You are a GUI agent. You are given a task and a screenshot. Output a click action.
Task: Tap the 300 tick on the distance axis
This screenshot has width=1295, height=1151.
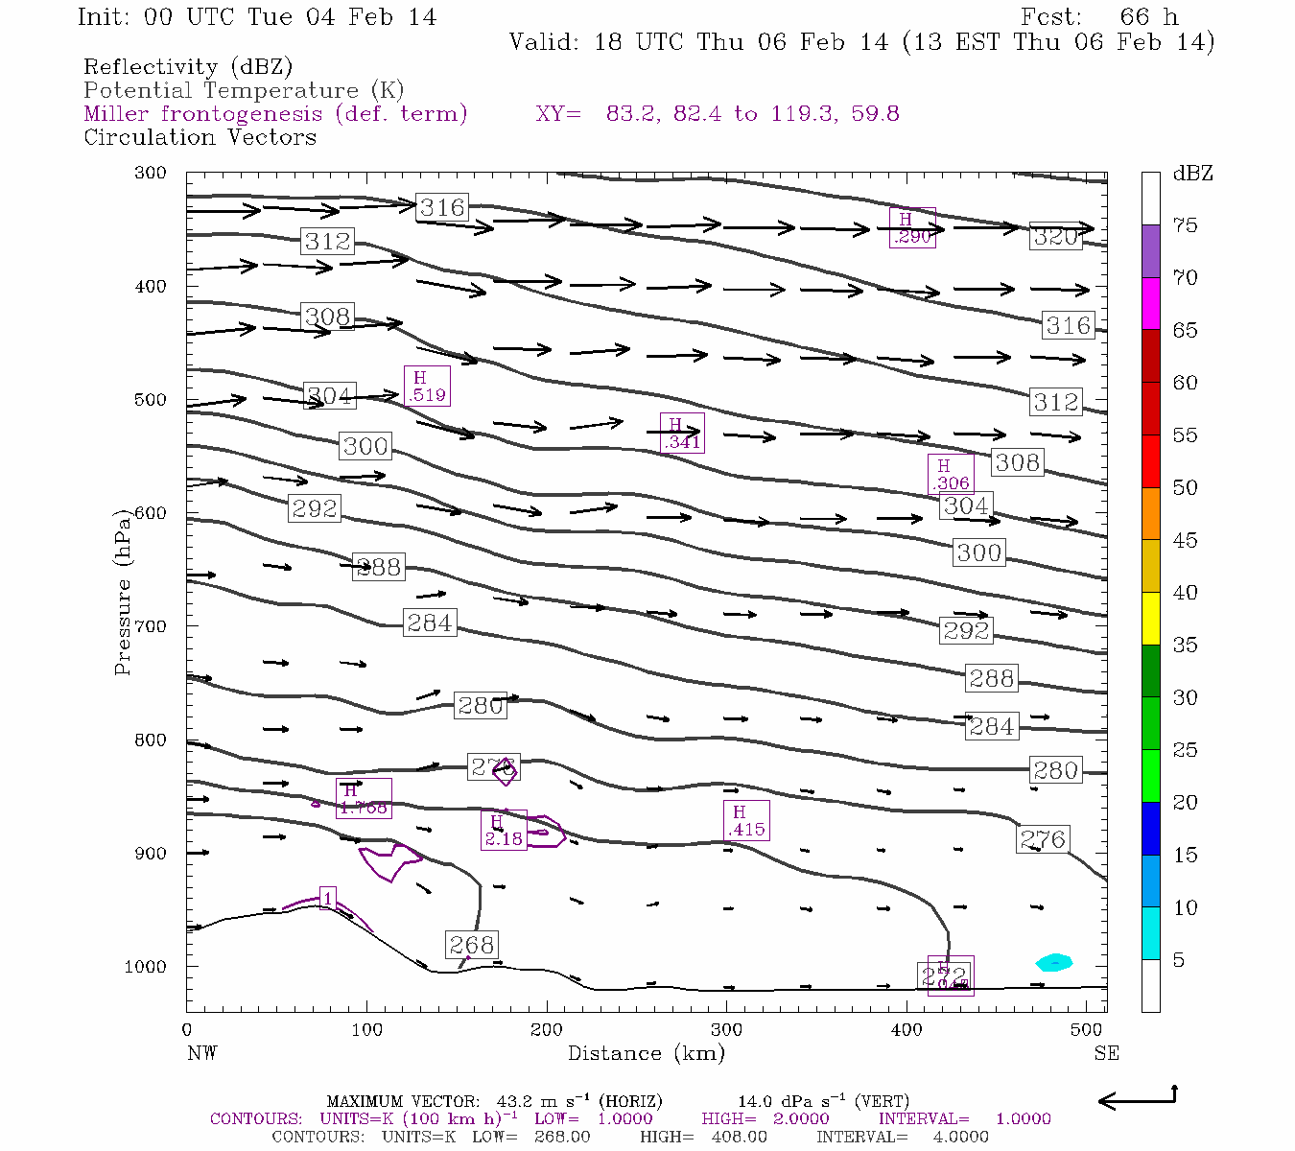point(726,1029)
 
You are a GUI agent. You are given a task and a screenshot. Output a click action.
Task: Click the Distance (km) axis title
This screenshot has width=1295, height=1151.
point(646,1053)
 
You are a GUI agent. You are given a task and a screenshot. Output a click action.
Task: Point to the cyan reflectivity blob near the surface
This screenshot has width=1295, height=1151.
point(1054,962)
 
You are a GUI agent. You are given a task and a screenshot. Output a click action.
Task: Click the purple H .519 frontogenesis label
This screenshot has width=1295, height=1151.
point(427,386)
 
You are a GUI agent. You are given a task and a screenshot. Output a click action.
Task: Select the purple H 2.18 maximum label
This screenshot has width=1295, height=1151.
point(504,831)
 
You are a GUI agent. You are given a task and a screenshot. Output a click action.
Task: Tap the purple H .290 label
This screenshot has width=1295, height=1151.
point(911,228)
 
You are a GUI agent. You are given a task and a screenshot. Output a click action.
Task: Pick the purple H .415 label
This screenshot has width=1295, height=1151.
point(745,821)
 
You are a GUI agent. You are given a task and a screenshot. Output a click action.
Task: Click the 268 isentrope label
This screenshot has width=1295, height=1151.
point(471,945)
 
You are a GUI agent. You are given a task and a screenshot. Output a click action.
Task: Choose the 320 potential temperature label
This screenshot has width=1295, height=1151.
point(1055,237)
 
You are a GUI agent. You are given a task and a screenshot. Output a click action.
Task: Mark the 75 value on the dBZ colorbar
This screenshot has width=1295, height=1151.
point(1185,225)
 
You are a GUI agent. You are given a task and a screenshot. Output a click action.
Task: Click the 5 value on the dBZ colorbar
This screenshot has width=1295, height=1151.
point(1179,960)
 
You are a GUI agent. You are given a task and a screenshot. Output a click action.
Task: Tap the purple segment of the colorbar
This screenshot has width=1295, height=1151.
point(1151,251)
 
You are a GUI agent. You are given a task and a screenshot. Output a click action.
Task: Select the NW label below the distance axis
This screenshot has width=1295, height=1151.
point(201,1053)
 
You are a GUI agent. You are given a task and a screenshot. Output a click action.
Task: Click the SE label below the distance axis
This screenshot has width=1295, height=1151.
point(1106,1053)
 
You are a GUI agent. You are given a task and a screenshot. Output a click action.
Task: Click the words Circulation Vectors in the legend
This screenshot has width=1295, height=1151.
point(200,137)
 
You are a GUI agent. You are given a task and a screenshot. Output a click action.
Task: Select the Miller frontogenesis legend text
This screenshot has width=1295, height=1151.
point(275,114)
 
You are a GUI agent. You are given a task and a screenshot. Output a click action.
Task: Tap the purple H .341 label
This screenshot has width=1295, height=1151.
point(682,433)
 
